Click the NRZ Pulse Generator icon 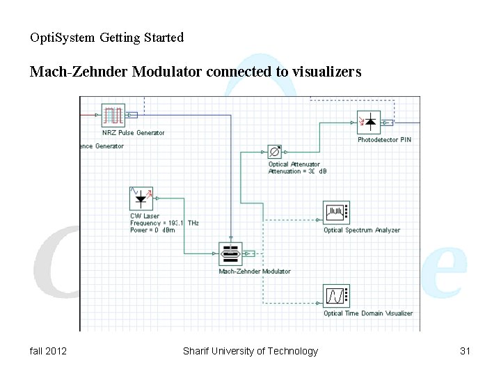click(113, 116)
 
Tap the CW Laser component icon click(141, 198)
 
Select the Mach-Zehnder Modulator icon click(230, 254)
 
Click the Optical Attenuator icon click(275, 152)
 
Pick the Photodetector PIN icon click(369, 123)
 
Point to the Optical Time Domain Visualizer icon click(336, 296)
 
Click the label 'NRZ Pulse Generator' click(134, 133)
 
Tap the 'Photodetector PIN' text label click(384, 140)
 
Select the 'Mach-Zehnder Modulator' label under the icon click(255, 272)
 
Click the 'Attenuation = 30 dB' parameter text click(297, 171)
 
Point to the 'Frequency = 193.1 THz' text click(164, 223)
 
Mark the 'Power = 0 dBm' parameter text click(152, 230)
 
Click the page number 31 click(466, 351)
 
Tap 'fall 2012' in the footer click(49, 351)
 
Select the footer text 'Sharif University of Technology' click(250, 351)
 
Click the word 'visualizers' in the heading click(323, 72)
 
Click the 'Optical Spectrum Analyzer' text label click(362, 230)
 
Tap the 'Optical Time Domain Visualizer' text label click(368, 313)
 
